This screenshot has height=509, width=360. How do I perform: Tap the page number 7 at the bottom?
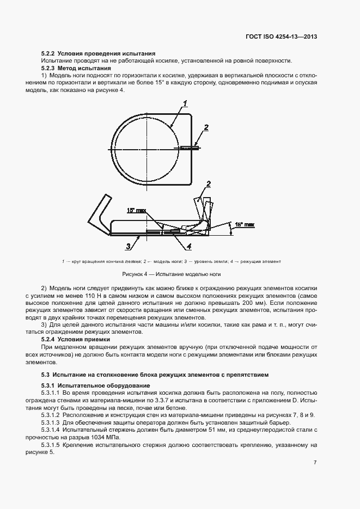click(315, 463)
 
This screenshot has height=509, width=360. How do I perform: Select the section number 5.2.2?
click(48, 53)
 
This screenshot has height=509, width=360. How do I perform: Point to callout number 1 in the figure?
click(185, 103)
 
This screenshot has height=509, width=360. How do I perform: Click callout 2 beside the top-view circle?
click(206, 128)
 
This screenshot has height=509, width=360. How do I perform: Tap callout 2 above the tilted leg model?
click(208, 183)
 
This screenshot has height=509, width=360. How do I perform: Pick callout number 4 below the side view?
click(188, 246)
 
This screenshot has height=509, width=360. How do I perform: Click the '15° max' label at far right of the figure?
click(245, 224)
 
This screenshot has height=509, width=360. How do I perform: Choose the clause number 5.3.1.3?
click(51, 423)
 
